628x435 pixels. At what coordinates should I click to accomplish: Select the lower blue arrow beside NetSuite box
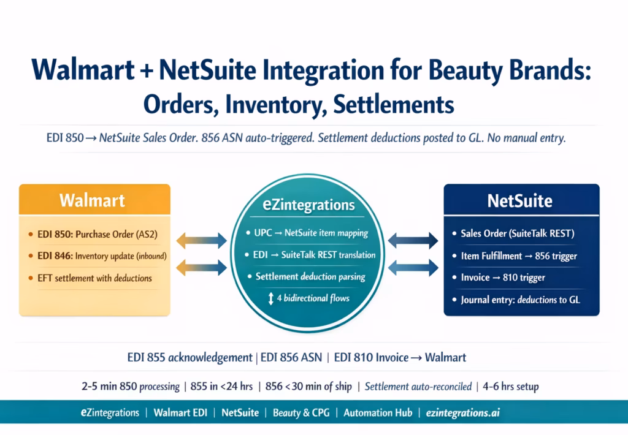point(412,266)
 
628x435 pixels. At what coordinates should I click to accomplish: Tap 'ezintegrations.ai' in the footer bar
point(463,412)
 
